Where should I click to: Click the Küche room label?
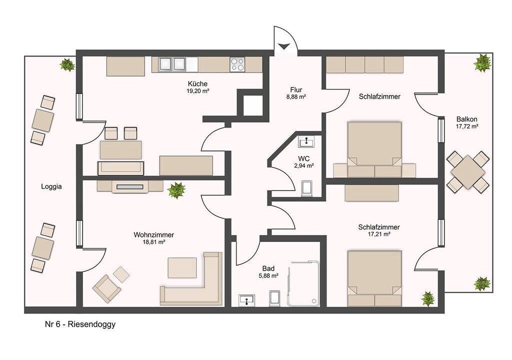pos(197,83)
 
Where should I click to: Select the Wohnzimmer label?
pos(153,235)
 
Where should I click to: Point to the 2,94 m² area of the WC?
pos(303,165)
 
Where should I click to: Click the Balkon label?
pos(467,119)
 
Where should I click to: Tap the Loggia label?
pos(51,186)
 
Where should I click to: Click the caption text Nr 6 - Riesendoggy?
pos(80,324)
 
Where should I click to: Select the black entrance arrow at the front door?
pos(283,46)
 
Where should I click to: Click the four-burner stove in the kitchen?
pos(237,64)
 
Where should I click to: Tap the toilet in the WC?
pos(307,189)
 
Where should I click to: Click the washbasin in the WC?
pos(306,142)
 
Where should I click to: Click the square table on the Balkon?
pos(468,172)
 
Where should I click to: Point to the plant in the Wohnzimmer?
pos(176,190)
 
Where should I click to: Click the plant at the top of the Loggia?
pos(67,64)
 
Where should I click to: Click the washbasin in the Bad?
pos(247,300)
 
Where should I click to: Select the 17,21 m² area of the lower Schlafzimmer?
pos(379,234)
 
